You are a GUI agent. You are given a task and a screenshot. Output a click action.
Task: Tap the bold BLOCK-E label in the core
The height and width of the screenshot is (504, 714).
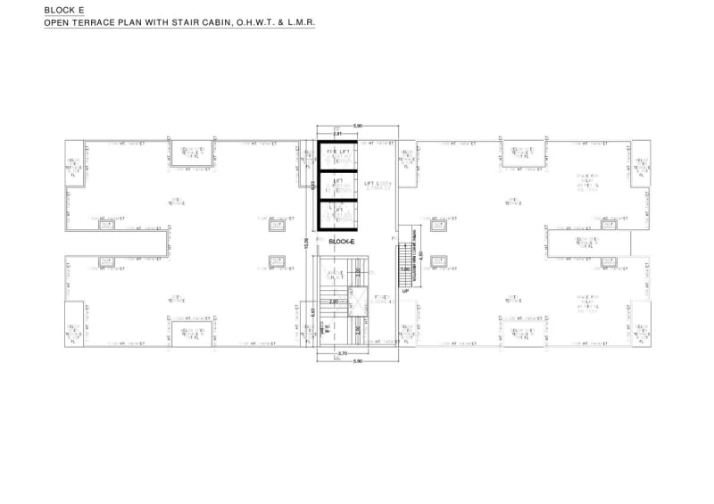click(x=342, y=241)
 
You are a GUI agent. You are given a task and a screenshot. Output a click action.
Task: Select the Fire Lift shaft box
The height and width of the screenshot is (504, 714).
click(x=338, y=154)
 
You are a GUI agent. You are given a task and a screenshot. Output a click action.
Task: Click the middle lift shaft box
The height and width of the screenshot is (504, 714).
click(x=338, y=185)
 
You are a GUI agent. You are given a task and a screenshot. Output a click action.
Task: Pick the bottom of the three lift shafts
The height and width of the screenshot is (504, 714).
click(x=338, y=215)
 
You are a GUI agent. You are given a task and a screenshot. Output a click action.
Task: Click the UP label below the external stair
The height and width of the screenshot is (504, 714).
click(x=404, y=291)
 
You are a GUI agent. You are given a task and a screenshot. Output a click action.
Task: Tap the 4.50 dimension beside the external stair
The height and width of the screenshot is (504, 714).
click(x=418, y=252)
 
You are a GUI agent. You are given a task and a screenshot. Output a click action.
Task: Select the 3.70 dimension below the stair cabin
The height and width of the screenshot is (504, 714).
click(x=342, y=353)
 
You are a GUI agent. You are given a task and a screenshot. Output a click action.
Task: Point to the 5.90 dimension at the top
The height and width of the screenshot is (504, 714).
click(x=358, y=126)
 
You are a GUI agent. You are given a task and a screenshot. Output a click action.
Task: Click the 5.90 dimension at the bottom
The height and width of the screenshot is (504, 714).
click(x=358, y=361)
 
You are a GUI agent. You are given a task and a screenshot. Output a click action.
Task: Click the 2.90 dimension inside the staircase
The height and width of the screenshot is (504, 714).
click(x=333, y=302)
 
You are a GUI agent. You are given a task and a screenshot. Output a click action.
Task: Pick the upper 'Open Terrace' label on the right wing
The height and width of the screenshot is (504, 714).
click(x=515, y=201)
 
